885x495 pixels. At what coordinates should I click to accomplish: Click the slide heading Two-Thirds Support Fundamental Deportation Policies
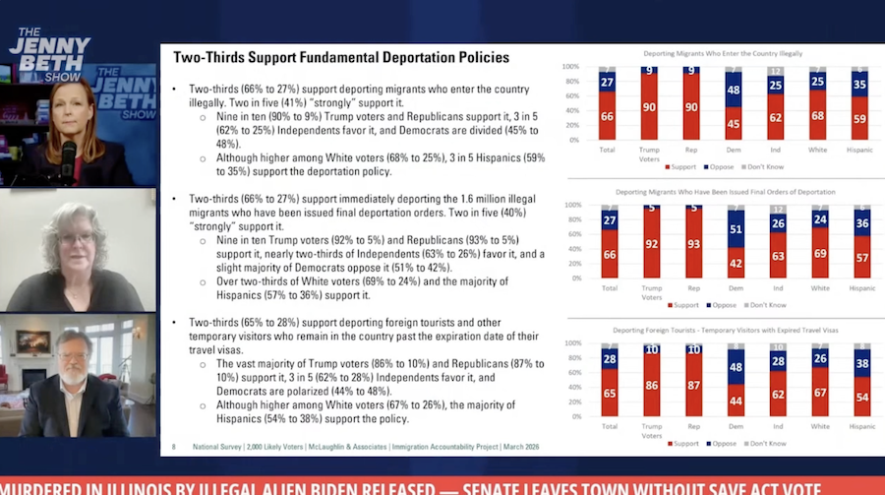(341, 58)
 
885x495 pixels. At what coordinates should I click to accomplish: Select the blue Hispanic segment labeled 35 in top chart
(859, 86)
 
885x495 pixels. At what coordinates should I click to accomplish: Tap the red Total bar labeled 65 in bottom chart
(609, 393)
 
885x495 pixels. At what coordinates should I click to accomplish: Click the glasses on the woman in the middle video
(75, 238)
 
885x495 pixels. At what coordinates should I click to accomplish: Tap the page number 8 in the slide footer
(174, 445)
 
